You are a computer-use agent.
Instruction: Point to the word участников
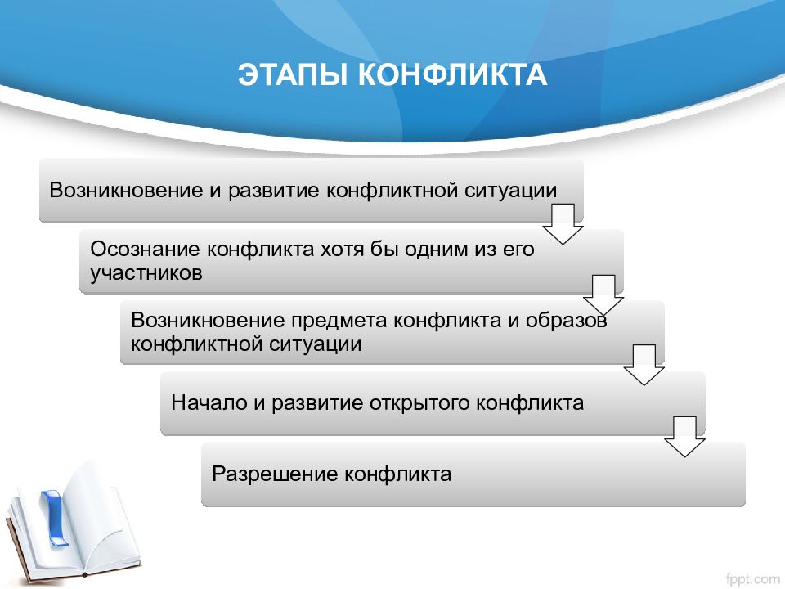[146, 273]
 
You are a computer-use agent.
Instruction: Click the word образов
[566, 321]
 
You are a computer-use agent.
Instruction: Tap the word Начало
[209, 403]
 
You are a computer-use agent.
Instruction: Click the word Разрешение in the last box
[276, 474]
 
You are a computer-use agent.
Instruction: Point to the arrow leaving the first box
[563, 224]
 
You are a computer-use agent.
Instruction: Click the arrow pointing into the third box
[603, 295]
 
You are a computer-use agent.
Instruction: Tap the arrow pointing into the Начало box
[644, 365]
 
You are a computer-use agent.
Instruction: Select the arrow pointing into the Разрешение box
[685, 436]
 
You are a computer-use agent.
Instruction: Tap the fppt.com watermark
[752, 579]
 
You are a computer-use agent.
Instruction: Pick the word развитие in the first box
[273, 191]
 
